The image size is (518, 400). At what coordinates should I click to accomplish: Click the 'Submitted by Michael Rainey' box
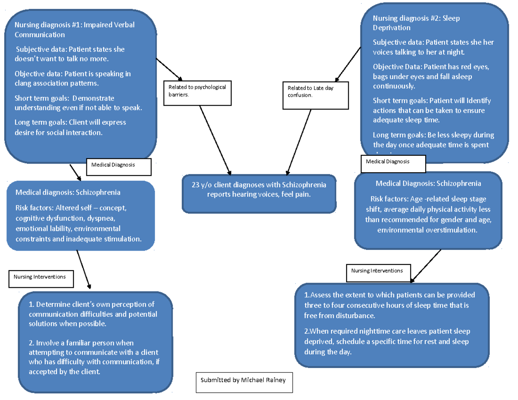pos(244,381)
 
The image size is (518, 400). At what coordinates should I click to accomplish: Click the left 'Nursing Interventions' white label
pos(41,279)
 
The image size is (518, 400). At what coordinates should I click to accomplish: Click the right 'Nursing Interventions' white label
pos(378,272)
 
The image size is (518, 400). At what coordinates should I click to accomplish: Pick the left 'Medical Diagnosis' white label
pos(119,167)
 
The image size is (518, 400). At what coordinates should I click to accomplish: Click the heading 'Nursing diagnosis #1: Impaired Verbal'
pos(74,25)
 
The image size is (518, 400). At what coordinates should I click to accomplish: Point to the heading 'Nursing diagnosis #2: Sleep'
pos(416,18)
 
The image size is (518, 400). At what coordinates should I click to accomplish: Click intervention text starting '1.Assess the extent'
pos(388,305)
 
